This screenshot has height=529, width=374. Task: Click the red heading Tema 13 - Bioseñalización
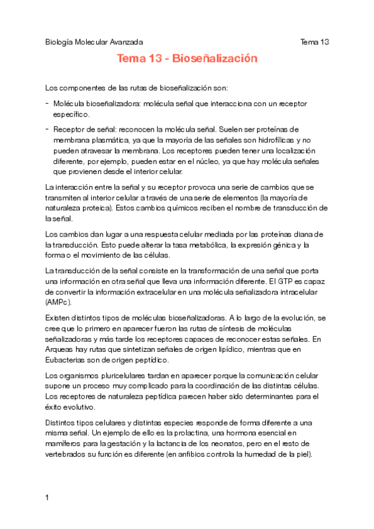coord(187,59)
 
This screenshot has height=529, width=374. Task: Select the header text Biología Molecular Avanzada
coord(94,42)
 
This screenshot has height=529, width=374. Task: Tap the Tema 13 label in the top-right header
coord(315,42)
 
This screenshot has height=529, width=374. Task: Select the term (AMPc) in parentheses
coord(59,303)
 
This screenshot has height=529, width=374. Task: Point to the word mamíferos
coord(65,443)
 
